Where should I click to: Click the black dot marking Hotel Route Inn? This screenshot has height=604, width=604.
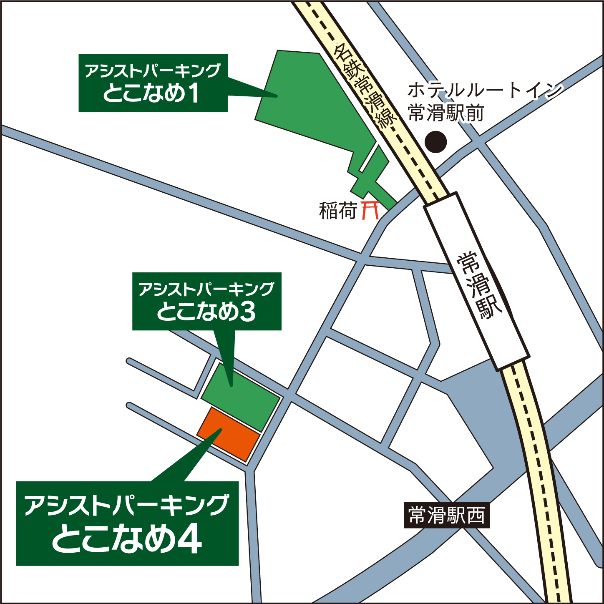[x=435, y=142]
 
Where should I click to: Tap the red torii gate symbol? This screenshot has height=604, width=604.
[x=370, y=210]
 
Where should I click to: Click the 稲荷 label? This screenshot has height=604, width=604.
[x=337, y=211]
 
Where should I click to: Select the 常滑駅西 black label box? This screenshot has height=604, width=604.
[x=446, y=516]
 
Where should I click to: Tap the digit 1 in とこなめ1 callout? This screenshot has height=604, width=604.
[x=194, y=93]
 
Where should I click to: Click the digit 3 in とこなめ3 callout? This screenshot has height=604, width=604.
[x=248, y=311]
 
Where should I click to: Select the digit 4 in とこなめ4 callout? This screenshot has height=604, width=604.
[x=190, y=540]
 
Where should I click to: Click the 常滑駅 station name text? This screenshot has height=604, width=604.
[x=480, y=285]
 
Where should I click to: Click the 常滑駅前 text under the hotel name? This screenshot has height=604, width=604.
[x=446, y=113]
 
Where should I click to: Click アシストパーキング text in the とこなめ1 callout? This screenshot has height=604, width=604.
[x=153, y=70]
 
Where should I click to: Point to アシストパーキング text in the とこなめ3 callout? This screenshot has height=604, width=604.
[x=206, y=289]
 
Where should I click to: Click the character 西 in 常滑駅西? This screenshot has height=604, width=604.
[x=476, y=516]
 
